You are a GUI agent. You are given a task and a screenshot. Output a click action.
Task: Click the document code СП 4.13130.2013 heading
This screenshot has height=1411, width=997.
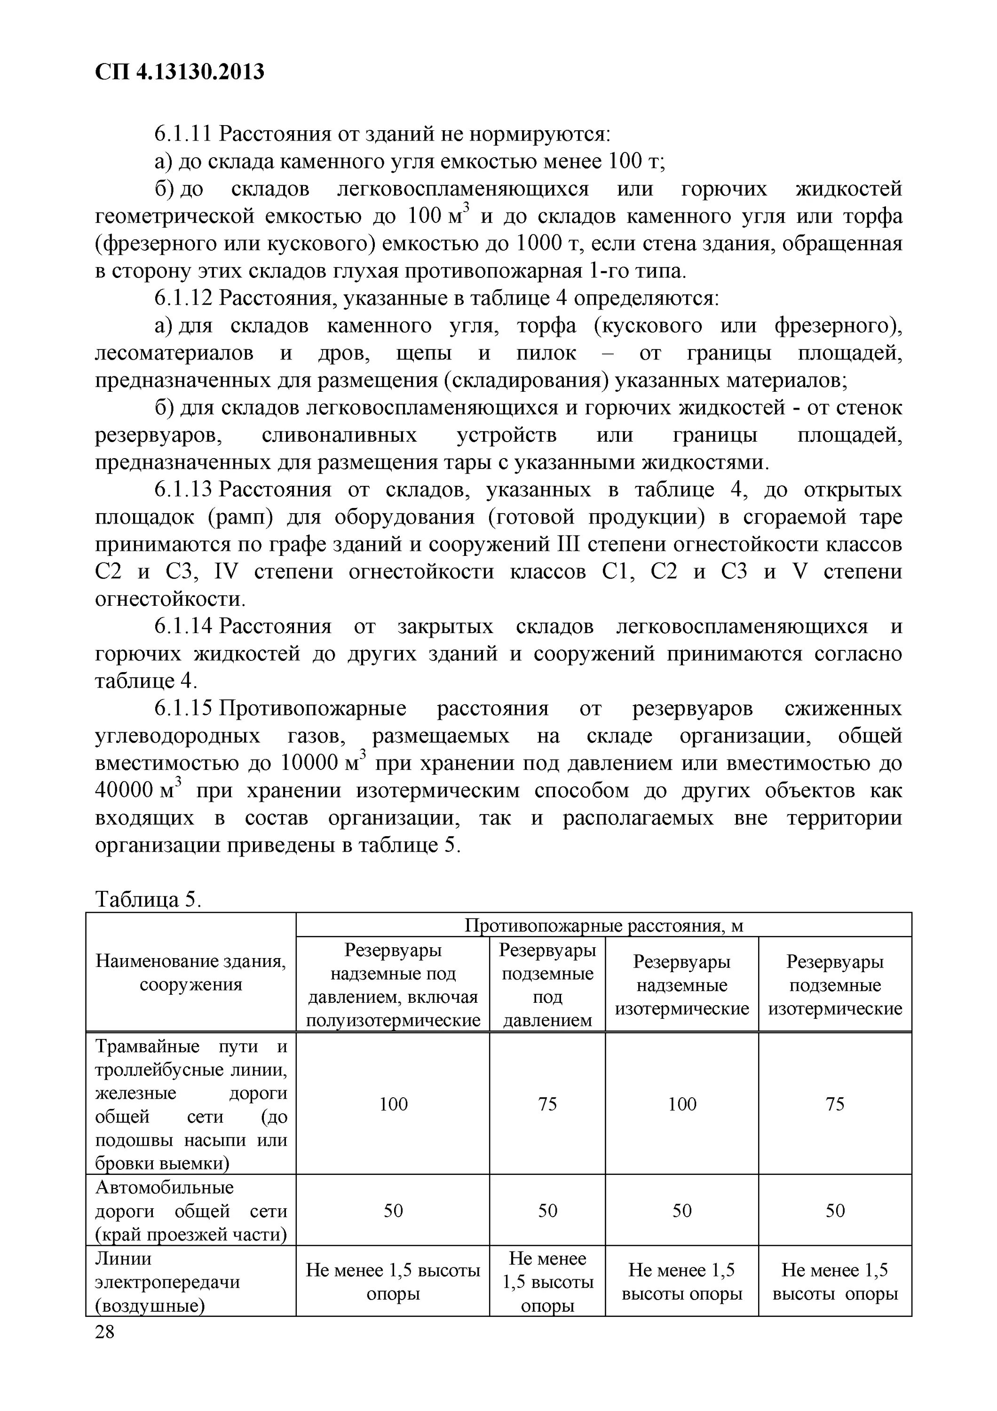point(179,72)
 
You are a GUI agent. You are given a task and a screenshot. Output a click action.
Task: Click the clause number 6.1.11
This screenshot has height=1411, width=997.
point(182,134)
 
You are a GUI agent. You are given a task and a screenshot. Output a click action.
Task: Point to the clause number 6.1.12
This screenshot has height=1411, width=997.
point(182,298)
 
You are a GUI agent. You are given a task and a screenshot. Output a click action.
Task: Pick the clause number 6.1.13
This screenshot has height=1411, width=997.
point(182,490)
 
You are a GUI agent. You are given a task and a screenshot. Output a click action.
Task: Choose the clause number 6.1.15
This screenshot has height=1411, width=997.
point(182,709)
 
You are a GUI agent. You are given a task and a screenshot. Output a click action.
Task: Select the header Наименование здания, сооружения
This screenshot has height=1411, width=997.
point(190,973)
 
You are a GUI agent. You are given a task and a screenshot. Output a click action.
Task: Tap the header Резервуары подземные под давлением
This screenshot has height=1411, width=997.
point(547,984)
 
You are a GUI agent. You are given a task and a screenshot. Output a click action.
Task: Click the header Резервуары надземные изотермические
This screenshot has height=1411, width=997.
point(681,984)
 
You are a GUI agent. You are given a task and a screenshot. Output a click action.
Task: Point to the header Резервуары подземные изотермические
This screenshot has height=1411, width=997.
point(834,984)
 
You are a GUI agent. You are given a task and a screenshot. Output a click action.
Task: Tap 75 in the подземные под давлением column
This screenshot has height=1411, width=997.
point(547,1104)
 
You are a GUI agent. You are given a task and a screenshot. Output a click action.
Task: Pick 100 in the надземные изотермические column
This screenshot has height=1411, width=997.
point(681,1104)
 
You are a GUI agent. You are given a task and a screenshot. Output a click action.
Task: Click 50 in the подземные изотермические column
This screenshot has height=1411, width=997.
point(834,1211)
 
